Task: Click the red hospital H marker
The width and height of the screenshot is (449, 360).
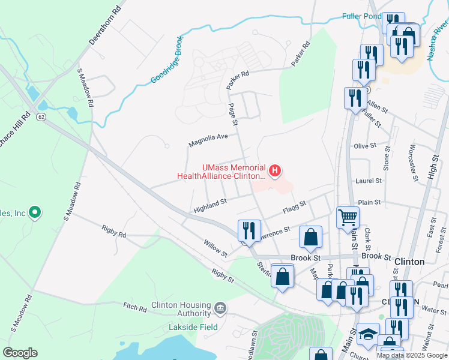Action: click(275, 172)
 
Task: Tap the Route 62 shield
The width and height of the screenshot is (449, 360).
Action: click(41, 115)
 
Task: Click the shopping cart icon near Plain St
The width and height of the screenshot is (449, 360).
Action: click(348, 217)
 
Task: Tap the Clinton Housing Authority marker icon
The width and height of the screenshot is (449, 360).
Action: click(220, 308)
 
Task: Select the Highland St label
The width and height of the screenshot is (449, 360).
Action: click(209, 206)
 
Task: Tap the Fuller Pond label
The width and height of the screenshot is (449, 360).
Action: click(361, 16)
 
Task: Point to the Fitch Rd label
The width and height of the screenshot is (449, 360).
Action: click(135, 308)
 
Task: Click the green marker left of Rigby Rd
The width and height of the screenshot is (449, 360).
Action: click(35, 212)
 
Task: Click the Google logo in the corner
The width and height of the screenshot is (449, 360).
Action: click(20, 352)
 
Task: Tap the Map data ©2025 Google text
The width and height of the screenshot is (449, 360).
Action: click(412, 355)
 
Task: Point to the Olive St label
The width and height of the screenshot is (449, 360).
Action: click(365, 146)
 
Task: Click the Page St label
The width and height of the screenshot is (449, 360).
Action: click(234, 114)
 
